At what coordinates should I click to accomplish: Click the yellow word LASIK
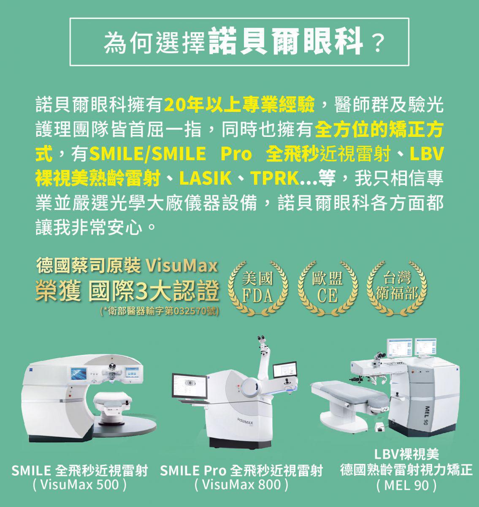pos(206,178)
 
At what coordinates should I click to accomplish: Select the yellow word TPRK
pos(275,178)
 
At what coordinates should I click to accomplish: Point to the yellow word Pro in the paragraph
pos(236,154)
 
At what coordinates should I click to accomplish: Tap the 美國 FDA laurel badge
pos(258,288)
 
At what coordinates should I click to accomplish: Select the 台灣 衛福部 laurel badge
pos(397,288)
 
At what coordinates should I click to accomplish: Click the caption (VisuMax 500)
pos(80,484)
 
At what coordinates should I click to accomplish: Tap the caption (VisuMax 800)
pos(241,484)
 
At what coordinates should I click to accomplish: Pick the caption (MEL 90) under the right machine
pos(406,485)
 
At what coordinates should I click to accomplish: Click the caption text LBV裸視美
pos(406,454)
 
